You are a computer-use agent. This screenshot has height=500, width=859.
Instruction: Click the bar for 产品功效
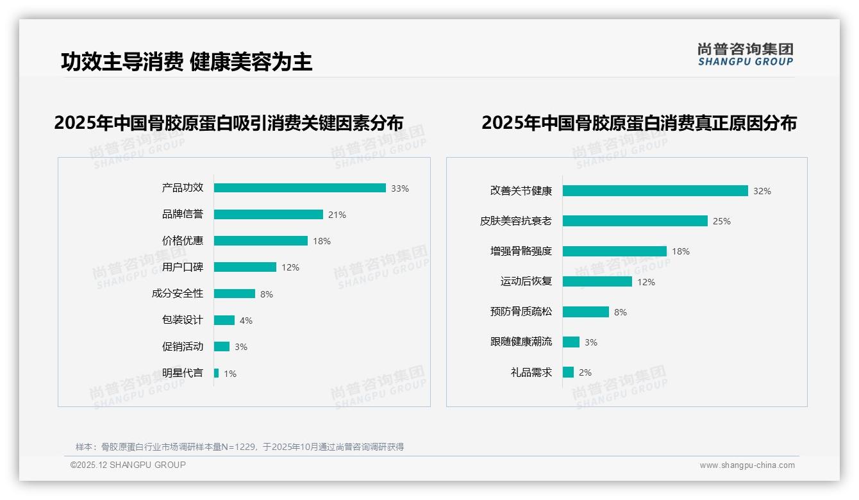point(299,188)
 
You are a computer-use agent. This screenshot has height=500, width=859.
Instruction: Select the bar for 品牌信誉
point(268,215)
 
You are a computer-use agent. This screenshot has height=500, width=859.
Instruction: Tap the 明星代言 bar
point(216,373)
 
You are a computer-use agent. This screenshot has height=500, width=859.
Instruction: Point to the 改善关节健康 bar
point(655,191)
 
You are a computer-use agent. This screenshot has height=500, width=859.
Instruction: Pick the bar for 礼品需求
point(568,372)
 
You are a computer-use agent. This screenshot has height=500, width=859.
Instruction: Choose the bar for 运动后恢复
point(597,281)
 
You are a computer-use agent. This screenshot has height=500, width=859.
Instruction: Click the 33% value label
point(400,188)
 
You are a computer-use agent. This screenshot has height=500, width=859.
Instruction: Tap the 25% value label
point(721,221)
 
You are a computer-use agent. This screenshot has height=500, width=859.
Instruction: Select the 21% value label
point(337,215)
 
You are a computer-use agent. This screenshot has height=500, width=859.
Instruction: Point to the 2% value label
point(585,372)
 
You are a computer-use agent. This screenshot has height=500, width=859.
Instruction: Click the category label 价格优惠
point(182,241)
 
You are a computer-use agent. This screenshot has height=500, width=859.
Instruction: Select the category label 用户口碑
point(182,267)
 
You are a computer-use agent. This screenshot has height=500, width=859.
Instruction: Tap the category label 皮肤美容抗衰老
point(515,221)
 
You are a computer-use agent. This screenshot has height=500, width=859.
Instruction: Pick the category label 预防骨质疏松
point(521,312)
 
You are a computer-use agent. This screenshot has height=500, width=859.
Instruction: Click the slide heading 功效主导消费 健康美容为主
point(187,62)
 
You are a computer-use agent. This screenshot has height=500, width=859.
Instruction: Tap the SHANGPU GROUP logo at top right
point(745,54)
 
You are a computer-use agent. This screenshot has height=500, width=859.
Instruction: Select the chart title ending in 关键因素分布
point(229,123)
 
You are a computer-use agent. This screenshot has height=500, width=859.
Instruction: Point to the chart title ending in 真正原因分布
point(638,123)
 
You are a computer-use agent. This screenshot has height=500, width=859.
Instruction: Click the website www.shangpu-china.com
point(747,465)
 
